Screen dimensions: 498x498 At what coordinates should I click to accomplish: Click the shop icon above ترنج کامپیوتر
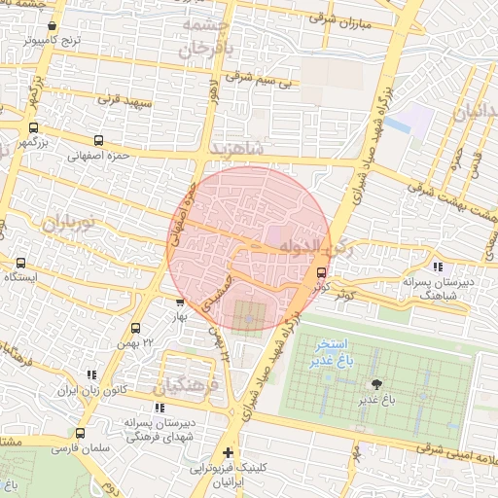[x=52, y=26]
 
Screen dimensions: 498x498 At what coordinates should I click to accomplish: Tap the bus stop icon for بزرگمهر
[x=34, y=127]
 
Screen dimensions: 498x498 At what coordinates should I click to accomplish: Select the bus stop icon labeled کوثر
[x=322, y=272]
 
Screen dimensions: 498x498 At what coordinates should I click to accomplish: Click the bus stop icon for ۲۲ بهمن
[x=135, y=328]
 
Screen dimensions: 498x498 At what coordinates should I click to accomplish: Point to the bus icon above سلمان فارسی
[x=81, y=433]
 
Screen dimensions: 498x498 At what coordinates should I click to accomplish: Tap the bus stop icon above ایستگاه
[x=21, y=263]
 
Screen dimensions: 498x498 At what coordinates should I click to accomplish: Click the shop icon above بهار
[x=179, y=302]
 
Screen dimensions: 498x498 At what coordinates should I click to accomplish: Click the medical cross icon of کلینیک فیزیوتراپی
[x=228, y=452]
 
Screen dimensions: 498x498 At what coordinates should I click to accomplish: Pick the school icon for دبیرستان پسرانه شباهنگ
[x=438, y=266]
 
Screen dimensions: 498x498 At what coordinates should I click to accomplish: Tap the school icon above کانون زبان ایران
[x=92, y=374]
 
